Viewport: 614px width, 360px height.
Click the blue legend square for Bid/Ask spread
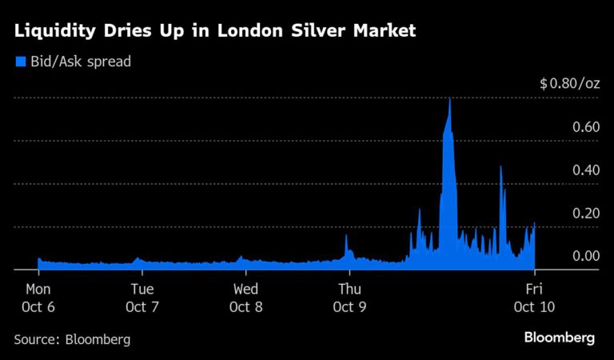click(x=20, y=61)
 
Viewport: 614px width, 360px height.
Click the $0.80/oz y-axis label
click(x=569, y=84)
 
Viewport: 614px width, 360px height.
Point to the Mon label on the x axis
click(x=38, y=290)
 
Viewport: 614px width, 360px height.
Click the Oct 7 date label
click(x=142, y=306)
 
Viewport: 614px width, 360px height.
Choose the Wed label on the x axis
click(x=245, y=290)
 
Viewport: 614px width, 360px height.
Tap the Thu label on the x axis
click(x=349, y=290)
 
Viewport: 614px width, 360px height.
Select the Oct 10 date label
click(x=534, y=306)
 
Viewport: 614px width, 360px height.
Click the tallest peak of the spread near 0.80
click(x=450, y=99)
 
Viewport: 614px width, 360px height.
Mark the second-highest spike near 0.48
click(x=500, y=167)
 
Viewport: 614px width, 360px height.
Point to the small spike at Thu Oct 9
click(x=346, y=236)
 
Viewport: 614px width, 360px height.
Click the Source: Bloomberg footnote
click(x=72, y=339)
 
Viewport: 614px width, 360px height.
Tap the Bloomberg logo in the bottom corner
click(x=560, y=338)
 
